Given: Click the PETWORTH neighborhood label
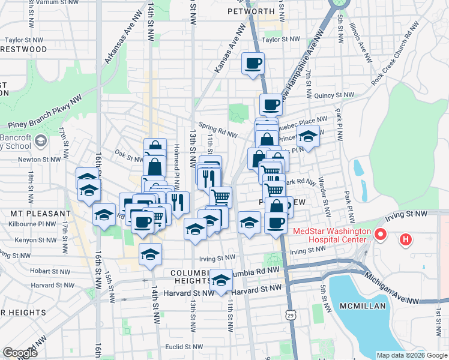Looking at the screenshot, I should pyautogui.click(x=250, y=11).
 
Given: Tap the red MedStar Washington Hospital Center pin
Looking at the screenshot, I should pyautogui.click(x=379, y=233).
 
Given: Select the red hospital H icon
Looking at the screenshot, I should pyautogui.click(x=406, y=241).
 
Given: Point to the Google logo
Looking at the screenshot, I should pyautogui.click(x=20, y=353).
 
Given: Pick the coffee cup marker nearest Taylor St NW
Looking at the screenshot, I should pyautogui.click(x=253, y=63).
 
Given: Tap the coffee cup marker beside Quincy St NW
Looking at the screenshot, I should pyautogui.click(x=270, y=104).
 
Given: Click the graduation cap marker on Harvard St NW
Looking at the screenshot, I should pyautogui.click(x=221, y=280).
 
